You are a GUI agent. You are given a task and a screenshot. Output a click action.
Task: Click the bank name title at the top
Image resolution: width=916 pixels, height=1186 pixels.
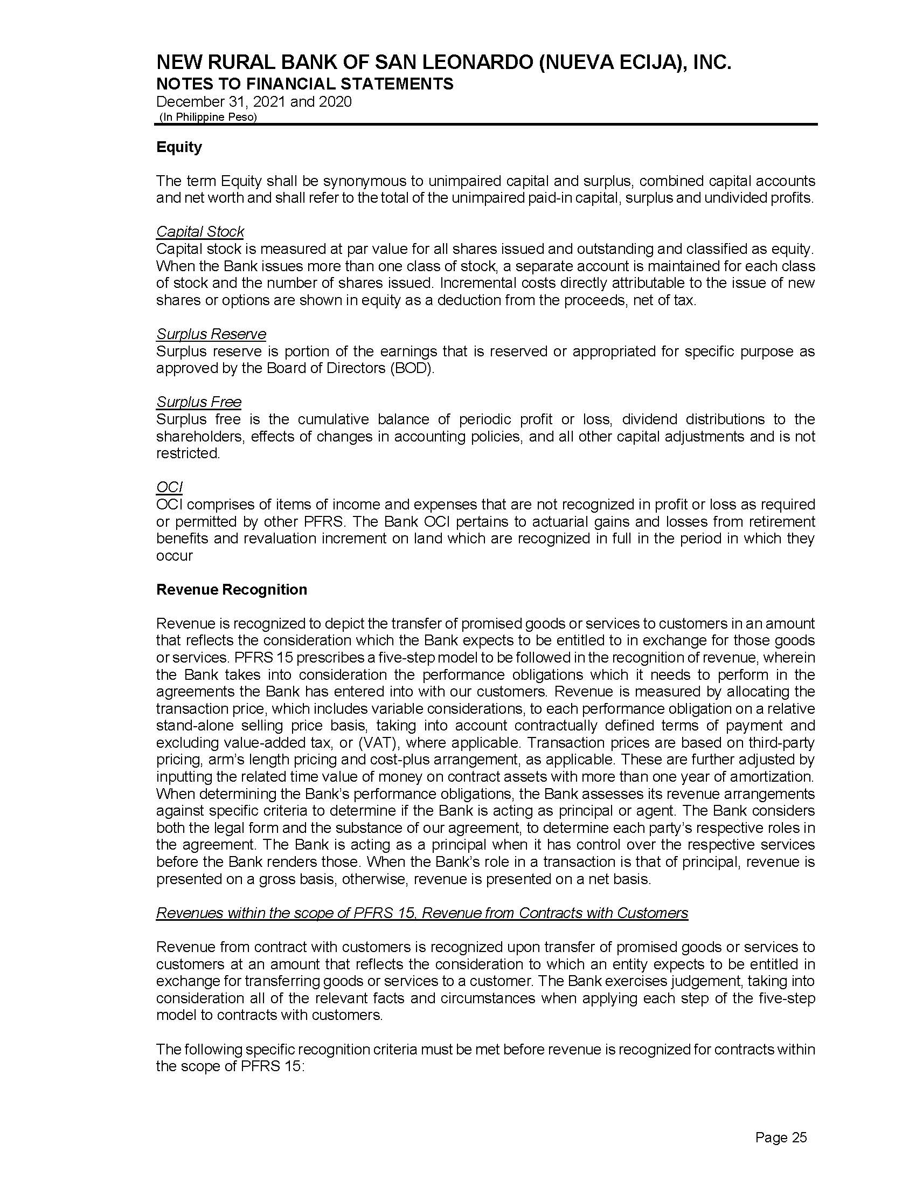tap(444, 63)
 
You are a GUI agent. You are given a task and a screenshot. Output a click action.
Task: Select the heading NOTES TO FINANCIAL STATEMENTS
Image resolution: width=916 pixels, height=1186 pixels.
tap(304, 84)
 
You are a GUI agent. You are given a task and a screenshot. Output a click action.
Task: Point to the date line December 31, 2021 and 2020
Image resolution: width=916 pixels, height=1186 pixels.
tap(253, 102)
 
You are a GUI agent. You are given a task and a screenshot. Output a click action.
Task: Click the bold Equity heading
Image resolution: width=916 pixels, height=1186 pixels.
tap(179, 147)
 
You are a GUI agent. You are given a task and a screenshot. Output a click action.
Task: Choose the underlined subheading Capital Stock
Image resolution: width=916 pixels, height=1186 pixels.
tap(200, 232)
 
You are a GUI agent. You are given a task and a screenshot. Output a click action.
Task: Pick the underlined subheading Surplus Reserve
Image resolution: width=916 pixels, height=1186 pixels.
tap(211, 334)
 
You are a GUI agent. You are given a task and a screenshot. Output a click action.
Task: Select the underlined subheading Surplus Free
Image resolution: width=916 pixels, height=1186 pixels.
tap(199, 402)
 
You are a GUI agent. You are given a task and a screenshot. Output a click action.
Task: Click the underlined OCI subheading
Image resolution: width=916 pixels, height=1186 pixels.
tap(169, 487)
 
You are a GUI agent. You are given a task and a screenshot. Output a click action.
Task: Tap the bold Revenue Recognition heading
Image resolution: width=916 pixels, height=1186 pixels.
tap(231, 590)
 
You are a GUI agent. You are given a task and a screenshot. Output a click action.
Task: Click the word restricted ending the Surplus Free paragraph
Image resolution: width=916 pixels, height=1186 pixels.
tap(188, 453)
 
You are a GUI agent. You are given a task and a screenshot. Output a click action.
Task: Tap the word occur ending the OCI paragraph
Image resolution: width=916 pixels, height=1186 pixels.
tap(174, 556)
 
